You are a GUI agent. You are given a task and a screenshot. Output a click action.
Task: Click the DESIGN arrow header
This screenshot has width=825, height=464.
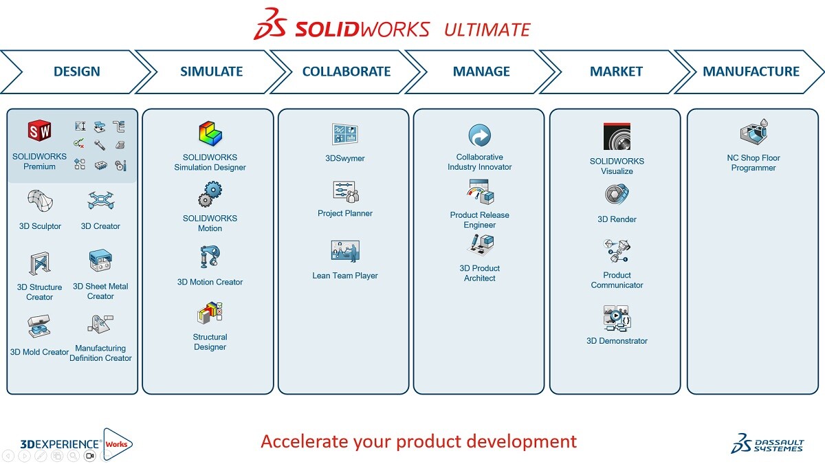point(76,71)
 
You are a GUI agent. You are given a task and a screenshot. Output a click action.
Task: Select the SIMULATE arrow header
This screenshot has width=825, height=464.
point(211,71)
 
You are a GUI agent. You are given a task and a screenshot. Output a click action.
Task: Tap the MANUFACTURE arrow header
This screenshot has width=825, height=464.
point(751,71)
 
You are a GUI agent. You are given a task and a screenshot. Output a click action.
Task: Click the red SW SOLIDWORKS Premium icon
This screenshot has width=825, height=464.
point(39,131)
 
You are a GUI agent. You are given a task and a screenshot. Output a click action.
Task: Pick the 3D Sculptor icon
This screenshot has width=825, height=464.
point(40,201)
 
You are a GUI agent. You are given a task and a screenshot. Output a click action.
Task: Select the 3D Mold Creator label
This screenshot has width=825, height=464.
point(39,352)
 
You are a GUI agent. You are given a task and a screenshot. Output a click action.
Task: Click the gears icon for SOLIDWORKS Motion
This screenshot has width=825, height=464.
point(210,195)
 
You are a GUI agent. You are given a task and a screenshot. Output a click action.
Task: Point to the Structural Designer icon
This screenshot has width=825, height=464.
point(210,316)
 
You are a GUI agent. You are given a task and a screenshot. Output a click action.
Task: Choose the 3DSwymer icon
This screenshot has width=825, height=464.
point(345,134)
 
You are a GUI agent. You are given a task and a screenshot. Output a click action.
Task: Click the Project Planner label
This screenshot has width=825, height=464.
point(345,213)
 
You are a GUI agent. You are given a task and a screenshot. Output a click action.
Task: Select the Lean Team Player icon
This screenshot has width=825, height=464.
point(345,251)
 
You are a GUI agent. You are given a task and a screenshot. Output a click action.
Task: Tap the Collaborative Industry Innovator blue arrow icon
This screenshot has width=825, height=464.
point(479,135)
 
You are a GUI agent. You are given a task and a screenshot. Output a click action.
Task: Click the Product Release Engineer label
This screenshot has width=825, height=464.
point(480,220)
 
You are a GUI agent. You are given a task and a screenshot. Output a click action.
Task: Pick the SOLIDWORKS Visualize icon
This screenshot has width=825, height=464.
point(617,137)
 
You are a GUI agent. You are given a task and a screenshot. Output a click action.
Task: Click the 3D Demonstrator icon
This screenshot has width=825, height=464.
point(617,319)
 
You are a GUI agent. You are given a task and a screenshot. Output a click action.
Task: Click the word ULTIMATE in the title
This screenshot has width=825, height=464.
point(487,30)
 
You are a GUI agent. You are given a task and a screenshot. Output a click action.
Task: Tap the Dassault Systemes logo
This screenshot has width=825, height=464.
point(767,443)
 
